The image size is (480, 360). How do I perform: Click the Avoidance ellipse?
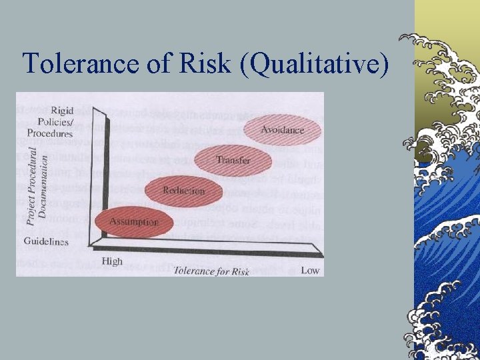click(282, 130)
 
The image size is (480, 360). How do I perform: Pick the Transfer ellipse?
click(233, 161)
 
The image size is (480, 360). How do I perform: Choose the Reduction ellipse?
click(183, 191)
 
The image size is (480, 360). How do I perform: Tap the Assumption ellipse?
click(134, 222)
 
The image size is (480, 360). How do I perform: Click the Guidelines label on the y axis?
click(46, 241)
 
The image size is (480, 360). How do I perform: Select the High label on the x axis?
click(112, 261)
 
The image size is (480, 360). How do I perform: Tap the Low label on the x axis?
click(310, 270)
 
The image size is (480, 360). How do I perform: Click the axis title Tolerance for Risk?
click(211, 271)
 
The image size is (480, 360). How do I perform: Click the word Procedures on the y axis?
click(50, 133)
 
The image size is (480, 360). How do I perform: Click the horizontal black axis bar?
click(213, 249)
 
